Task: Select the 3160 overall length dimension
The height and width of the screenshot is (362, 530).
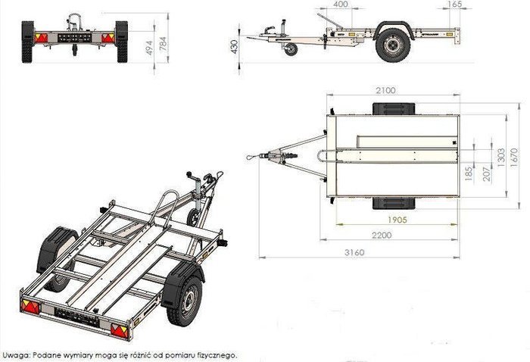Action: coord(354,252)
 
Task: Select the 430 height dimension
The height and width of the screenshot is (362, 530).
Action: coord(234,47)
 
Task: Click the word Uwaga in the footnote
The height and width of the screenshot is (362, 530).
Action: coord(16,354)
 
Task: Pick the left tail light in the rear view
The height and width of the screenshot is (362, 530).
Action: coord(42,36)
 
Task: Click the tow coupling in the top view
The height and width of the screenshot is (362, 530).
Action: coord(267,157)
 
